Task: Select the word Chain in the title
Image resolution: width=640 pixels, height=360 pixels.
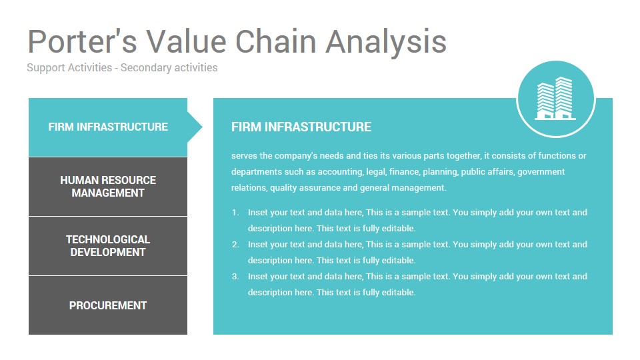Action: click(276, 41)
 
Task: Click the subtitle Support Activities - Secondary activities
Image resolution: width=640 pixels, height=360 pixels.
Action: click(122, 67)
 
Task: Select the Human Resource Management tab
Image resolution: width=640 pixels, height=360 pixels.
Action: click(108, 187)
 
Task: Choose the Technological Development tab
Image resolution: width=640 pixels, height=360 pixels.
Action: click(108, 246)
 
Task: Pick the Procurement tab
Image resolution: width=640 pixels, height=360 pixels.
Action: click(108, 305)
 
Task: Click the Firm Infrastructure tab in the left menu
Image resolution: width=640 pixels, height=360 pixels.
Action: click(108, 127)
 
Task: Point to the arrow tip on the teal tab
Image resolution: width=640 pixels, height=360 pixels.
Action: click(203, 127)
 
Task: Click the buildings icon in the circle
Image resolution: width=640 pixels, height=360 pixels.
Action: click(555, 99)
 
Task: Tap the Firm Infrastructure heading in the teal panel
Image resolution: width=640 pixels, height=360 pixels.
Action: click(301, 127)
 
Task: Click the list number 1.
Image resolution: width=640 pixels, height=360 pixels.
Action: click(235, 213)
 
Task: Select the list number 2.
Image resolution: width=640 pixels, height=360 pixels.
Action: click(235, 245)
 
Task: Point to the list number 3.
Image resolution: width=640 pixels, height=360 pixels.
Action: click(235, 276)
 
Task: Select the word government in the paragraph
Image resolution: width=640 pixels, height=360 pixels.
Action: click(541, 172)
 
